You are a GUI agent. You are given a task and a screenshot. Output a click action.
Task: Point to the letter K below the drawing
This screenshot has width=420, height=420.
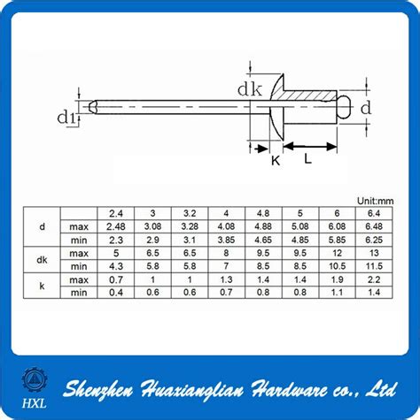275,163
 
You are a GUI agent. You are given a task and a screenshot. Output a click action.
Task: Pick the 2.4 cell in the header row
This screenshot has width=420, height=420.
116,214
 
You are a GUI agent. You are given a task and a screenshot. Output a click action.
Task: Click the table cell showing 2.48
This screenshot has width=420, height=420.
116,226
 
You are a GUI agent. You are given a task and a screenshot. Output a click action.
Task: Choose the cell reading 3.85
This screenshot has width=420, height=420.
226,240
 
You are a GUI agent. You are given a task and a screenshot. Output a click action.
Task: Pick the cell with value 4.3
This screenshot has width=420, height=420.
116,265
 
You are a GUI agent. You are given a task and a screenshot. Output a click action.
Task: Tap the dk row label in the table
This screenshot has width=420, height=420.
42,259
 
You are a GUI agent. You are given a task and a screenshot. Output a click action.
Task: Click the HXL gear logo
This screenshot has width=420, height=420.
33,381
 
